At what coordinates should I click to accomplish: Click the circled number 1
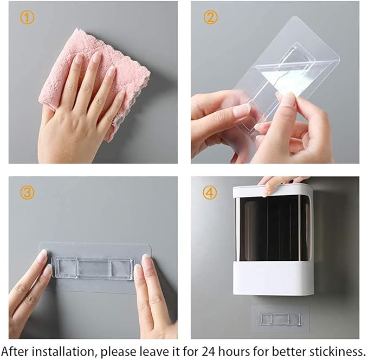pyautogui.click(x=27, y=17)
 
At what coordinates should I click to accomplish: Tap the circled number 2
pyautogui.click(x=210, y=17)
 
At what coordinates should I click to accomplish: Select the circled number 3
pyautogui.click(x=27, y=192)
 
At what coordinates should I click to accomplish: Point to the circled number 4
pyautogui.click(x=210, y=192)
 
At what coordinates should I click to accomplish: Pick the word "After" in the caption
pyautogui.click(x=16, y=352)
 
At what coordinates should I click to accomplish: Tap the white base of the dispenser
pyautogui.click(x=273, y=278)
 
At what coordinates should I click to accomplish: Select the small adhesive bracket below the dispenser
pyautogui.click(x=280, y=320)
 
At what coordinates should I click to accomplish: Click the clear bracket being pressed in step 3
pyautogui.click(x=93, y=268)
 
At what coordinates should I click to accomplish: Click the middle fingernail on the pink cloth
pyautogui.click(x=96, y=56)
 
